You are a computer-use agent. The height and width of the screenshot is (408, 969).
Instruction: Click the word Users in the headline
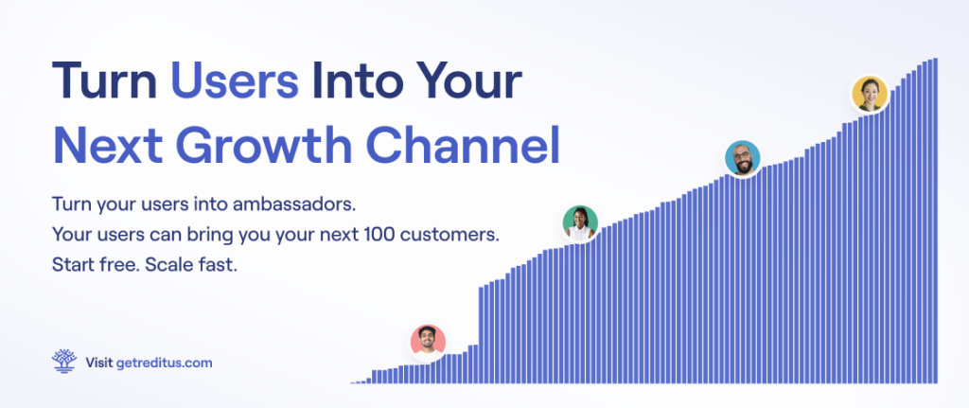pyautogui.click(x=235, y=81)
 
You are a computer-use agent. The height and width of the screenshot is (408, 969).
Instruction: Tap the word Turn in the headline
pyautogui.click(x=104, y=81)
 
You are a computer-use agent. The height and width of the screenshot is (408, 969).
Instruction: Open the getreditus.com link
pyautogui.click(x=165, y=363)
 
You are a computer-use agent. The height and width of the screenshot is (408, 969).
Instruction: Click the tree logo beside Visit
pyautogui.click(x=64, y=361)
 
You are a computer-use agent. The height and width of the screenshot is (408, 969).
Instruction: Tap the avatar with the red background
pyautogui.click(x=429, y=341)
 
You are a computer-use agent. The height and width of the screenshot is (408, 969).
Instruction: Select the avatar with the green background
pyautogui.click(x=580, y=223)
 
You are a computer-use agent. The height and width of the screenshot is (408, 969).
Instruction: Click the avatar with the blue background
pyautogui.click(x=742, y=158)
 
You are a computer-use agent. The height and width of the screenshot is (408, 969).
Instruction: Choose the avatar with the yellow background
pyautogui.click(x=870, y=94)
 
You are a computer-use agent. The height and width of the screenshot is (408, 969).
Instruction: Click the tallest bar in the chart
pyautogui.click(x=935, y=221)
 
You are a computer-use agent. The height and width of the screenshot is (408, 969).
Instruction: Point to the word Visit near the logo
pyautogui.click(x=98, y=363)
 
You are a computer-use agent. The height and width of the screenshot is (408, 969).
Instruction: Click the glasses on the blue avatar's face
pyautogui.click(x=742, y=154)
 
